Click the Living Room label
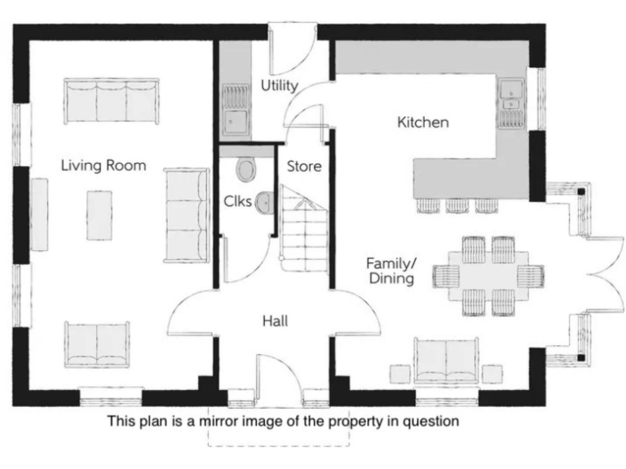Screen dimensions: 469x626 point(104,166)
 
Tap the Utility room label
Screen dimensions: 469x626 point(279,85)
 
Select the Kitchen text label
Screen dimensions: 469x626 point(422,123)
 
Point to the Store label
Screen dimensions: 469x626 point(303,167)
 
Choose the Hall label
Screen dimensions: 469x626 point(275,321)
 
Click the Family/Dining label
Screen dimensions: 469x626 point(390,271)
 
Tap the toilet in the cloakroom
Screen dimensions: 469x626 point(245,170)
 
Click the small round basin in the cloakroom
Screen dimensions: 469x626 point(263,201)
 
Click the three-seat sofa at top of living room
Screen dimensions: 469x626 point(111,100)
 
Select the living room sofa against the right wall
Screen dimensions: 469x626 point(187,215)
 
